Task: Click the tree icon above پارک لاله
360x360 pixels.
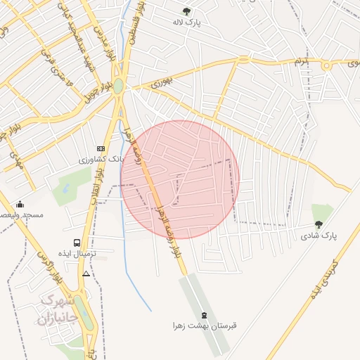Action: click(186, 11)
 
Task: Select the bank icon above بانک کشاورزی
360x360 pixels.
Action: click(101, 148)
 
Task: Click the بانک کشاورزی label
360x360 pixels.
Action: click(103, 160)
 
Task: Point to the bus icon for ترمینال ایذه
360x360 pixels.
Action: click(77, 243)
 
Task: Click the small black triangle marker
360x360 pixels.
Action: click(86, 274)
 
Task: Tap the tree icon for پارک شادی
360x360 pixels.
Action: click(319, 225)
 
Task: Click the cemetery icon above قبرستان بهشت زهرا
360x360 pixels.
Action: click(204, 315)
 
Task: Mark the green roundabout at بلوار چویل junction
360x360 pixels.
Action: click(118, 86)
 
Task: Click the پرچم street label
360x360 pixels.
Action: click(301, 62)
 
